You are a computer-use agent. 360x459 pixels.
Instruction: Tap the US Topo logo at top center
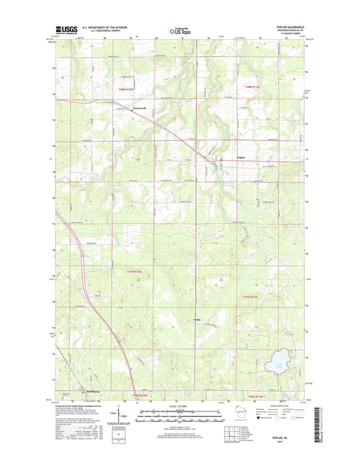point(179,30)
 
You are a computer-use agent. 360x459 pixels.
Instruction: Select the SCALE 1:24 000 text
point(180,407)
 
